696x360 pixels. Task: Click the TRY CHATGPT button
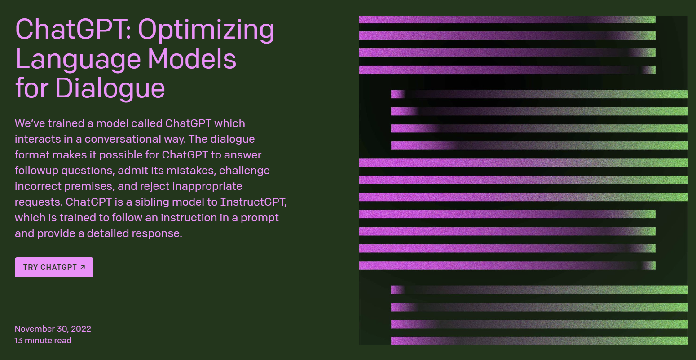tap(54, 267)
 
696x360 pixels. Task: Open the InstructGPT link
tap(252, 202)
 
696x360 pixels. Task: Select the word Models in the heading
tap(192, 59)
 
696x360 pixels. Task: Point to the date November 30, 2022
tap(53, 329)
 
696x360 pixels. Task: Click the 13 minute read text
tap(43, 340)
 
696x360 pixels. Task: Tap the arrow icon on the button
tap(83, 267)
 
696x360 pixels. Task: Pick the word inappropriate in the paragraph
tap(207, 186)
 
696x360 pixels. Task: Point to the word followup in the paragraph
tap(36, 171)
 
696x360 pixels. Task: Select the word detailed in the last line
tap(108, 233)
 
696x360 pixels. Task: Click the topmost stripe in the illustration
tap(507, 20)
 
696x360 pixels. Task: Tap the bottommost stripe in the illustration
tap(539, 340)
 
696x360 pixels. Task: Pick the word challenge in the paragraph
tap(244, 171)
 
